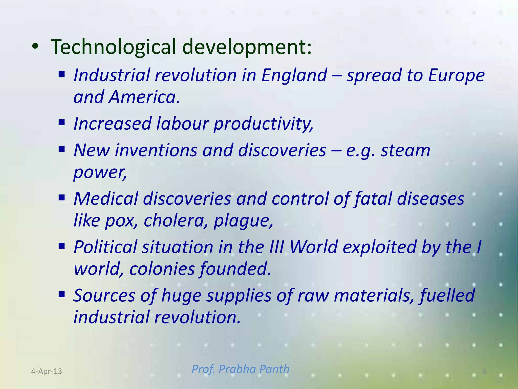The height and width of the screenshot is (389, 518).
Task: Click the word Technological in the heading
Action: (113, 47)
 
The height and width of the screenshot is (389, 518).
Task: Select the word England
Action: (294, 75)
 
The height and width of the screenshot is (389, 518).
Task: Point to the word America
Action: (144, 97)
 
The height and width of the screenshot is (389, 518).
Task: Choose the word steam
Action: (405, 150)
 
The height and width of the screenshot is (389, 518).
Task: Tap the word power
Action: (100, 172)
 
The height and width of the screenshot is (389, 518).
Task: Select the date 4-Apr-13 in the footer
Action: (47, 371)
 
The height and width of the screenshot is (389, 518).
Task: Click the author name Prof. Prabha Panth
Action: (240, 369)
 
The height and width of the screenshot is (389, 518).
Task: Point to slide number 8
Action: (484, 371)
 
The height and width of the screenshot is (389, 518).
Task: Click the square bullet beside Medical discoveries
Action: (62, 197)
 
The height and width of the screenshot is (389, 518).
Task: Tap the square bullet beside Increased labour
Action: (62, 123)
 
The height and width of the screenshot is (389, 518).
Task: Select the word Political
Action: (105, 247)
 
